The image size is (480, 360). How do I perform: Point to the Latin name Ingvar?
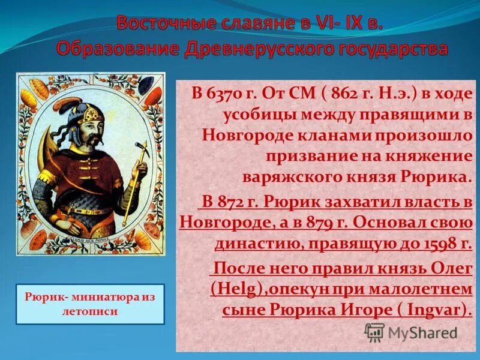[x=431, y=310]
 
